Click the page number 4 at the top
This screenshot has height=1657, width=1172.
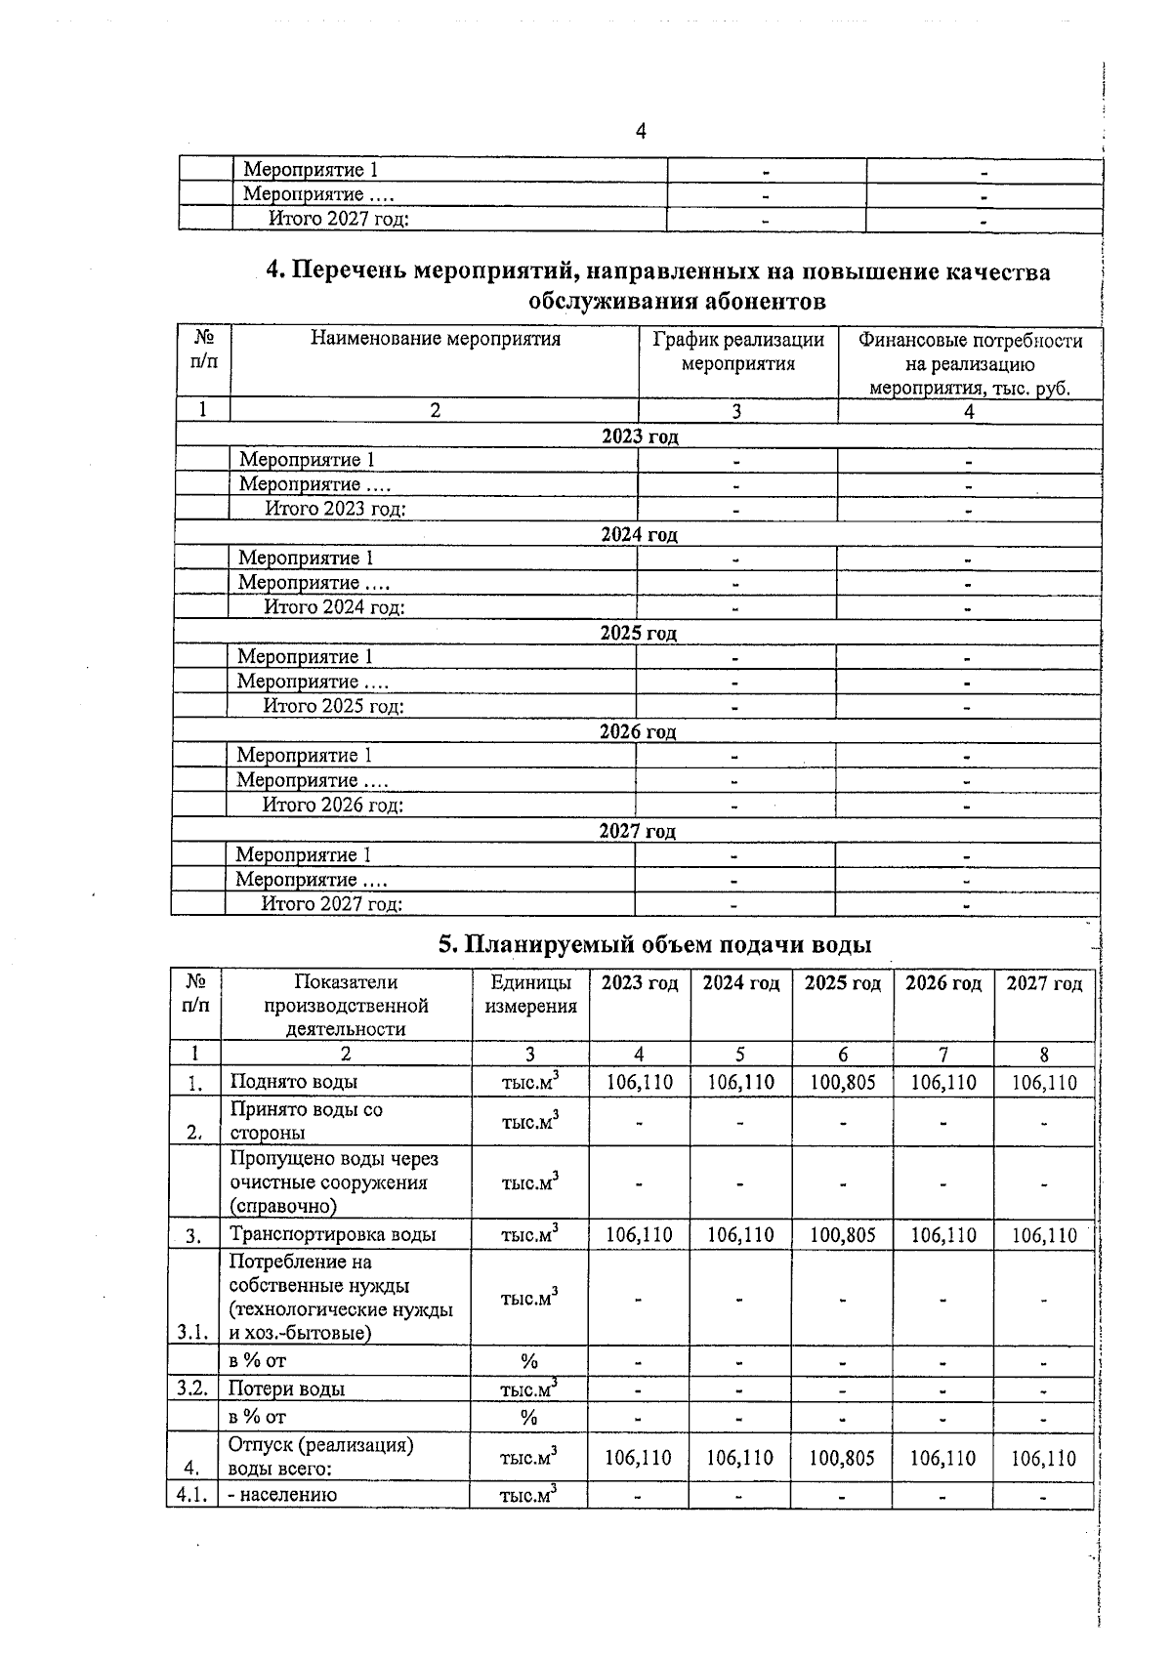pos(641,131)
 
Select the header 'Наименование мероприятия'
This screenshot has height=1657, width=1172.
pos(436,339)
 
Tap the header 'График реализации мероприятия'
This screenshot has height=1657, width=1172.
pos(738,352)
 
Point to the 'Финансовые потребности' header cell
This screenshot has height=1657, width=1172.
pos(970,341)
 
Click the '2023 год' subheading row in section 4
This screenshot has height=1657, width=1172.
pos(639,436)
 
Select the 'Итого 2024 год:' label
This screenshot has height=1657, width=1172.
pos(334,607)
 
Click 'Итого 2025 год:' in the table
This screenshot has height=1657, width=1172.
pos(333,706)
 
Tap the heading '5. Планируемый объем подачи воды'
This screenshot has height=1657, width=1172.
pos(653,944)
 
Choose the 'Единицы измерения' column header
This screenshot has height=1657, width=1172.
pos(530,994)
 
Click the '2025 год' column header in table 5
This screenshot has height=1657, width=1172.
pos(842,983)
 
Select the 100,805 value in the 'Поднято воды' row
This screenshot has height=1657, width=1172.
pos(842,1083)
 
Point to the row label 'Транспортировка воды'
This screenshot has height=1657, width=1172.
pos(332,1234)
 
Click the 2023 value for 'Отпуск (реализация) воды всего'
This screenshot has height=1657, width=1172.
pos(638,1459)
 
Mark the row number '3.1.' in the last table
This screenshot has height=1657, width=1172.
pos(192,1332)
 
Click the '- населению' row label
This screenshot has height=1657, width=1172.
pos(282,1495)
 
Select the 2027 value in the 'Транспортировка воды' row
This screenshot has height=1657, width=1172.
pos(1043,1235)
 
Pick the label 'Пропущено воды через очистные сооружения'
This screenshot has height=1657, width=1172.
pos(334,1182)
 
